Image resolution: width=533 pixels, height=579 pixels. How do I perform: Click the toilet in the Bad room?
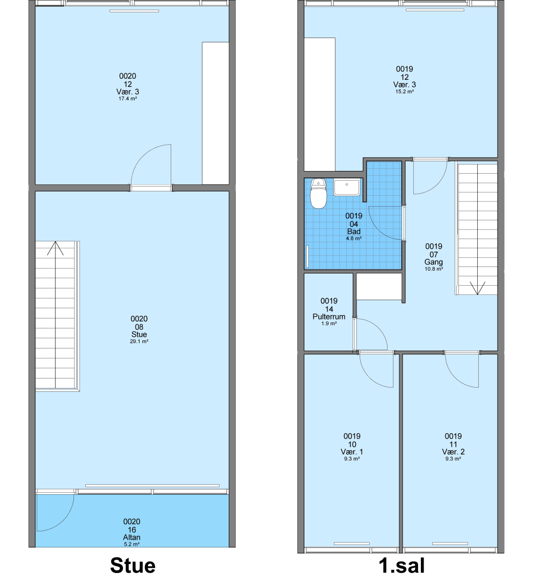(318, 194)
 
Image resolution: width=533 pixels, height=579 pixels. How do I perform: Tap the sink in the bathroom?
(347, 187)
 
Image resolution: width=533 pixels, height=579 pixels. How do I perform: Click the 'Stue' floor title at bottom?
(133, 566)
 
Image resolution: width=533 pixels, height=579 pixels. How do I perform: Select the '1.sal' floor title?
(401, 566)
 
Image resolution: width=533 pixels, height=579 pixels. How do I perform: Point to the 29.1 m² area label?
(139, 342)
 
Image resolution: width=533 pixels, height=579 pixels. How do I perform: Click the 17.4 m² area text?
(128, 99)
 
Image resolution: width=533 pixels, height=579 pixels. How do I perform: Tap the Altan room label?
(132, 537)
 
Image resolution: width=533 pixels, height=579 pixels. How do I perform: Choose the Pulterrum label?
(329, 316)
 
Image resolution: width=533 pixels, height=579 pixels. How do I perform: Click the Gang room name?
(434, 262)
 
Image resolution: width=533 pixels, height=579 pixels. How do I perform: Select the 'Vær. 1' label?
(352, 451)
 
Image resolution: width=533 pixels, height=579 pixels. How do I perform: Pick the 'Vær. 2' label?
(453, 451)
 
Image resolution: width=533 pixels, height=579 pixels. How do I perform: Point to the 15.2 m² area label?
(404, 92)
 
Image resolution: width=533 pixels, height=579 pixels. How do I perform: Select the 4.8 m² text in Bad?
(354, 239)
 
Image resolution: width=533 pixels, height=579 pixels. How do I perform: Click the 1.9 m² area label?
(329, 323)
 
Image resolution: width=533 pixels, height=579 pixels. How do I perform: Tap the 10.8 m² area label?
(434, 269)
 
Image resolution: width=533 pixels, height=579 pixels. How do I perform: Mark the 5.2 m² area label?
(132, 544)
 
